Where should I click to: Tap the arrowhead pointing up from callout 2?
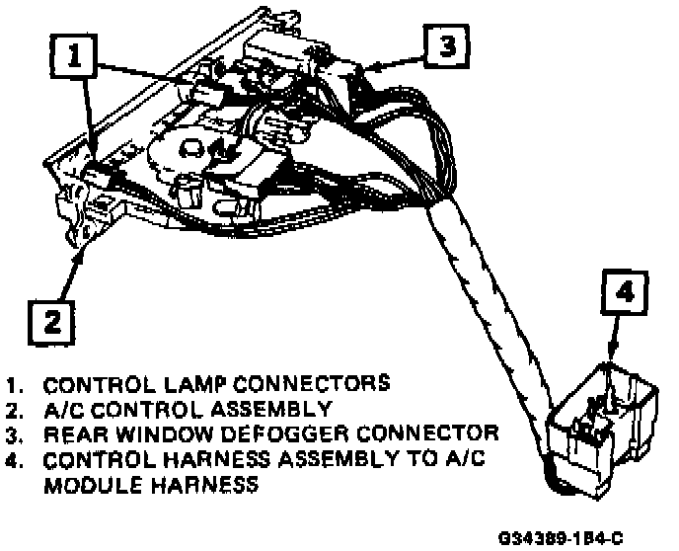[82, 252]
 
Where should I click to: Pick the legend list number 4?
[14, 459]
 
